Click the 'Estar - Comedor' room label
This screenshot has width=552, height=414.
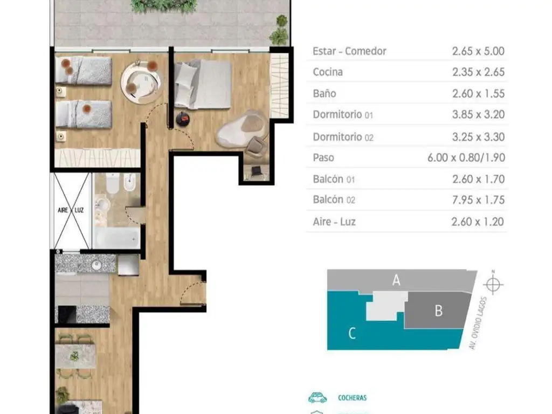point(349,51)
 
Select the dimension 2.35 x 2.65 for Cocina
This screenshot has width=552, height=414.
point(479,72)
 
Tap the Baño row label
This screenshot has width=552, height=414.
point(324,94)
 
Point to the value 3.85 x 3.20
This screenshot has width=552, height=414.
point(479,114)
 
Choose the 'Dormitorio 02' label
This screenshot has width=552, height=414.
point(343,137)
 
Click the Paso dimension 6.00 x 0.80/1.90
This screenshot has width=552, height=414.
point(466,158)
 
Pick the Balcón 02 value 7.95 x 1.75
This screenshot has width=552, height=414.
point(479,200)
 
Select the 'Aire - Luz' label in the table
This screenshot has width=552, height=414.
point(334,222)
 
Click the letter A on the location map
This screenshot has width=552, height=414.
point(396,280)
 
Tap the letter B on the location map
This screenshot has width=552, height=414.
point(438,311)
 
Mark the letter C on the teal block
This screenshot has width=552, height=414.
point(351,333)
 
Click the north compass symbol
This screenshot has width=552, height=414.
point(493,284)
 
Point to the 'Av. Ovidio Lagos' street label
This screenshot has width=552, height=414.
point(479,323)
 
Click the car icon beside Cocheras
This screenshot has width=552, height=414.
point(318,397)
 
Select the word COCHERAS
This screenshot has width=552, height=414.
point(352,398)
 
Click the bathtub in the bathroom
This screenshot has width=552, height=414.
point(116,238)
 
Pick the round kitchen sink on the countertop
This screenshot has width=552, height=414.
point(96,265)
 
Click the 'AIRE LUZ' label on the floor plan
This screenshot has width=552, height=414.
point(71,210)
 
